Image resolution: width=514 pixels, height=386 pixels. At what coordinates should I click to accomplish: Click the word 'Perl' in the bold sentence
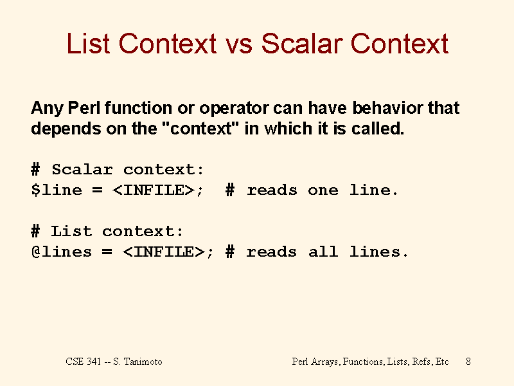(x=84, y=107)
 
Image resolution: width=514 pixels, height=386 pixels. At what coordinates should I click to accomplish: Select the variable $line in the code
(x=57, y=190)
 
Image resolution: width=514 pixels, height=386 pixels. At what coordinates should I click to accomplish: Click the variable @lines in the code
(x=62, y=252)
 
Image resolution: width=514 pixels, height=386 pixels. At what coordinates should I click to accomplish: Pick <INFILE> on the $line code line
(x=154, y=190)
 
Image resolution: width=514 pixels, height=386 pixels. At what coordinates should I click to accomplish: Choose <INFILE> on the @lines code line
(x=164, y=252)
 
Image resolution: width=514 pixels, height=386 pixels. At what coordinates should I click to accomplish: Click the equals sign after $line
(x=98, y=190)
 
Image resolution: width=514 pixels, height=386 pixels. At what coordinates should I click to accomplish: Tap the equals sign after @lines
(x=107, y=252)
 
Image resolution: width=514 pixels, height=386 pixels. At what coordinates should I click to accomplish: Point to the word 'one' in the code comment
(x=323, y=190)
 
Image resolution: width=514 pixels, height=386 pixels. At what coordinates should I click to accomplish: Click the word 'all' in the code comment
(x=323, y=252)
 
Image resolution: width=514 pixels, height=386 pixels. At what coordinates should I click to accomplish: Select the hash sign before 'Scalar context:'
(x=35, y=169)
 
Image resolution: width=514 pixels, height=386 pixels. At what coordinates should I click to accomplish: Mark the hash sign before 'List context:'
(x=35, y=231)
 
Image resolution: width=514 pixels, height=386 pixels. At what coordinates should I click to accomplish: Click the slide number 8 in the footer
(x=468, y=362)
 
